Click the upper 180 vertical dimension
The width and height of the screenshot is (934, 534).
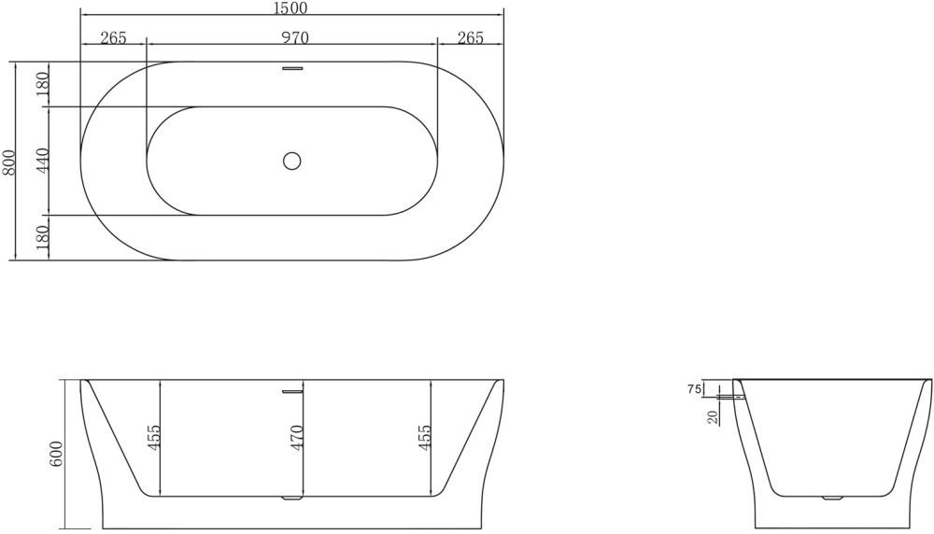point(41,85)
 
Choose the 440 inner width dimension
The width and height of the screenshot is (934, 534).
point(41,162)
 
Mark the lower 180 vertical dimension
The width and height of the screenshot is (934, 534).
point(41,238)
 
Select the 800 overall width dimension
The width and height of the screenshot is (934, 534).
point(9,162)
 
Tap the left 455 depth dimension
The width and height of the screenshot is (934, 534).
point(155,437)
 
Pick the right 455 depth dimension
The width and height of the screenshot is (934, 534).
point(425,437)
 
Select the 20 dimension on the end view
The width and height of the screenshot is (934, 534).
point(714,415)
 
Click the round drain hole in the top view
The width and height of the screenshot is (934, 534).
point(292,161)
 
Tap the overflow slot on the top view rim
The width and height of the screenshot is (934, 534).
point(293,66)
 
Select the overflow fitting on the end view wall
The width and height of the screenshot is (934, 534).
point(740,398)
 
